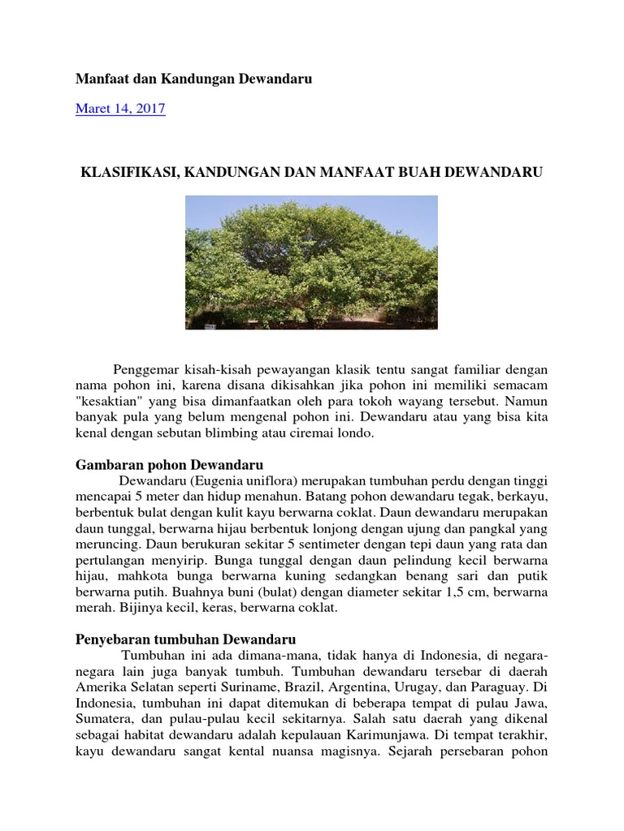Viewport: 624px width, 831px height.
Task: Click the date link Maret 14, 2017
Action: pyautogui.click(x=120, y=109)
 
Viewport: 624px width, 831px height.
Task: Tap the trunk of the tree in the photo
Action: pyautogui.click(x=309, y=312)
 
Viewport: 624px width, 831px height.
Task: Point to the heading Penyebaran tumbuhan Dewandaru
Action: pyautogui.click(x=184, y=639)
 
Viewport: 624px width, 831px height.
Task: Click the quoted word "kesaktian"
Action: pyautogui.click(x=112, y=401)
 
